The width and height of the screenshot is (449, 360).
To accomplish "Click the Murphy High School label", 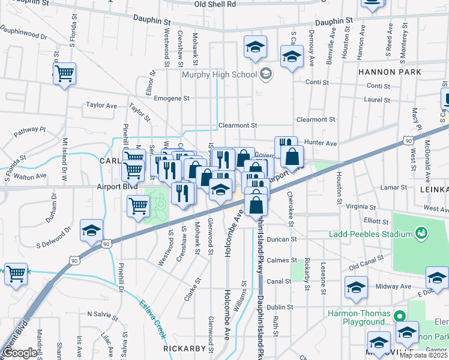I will pos(219,74).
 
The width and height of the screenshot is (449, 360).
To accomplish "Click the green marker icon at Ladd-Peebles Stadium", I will pos(421,232).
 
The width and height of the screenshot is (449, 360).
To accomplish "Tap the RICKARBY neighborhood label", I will pos(188,348).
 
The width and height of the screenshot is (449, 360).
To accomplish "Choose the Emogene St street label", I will pos(172,98).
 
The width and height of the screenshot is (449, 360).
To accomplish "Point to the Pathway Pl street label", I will pos(31,129).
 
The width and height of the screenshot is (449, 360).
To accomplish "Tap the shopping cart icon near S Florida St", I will pos(64,74).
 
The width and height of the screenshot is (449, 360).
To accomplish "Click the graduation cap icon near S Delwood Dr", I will pos(91,230).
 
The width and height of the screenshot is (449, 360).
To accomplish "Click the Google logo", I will pos(20,353).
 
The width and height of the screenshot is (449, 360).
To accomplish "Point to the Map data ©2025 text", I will pos(423,355).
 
